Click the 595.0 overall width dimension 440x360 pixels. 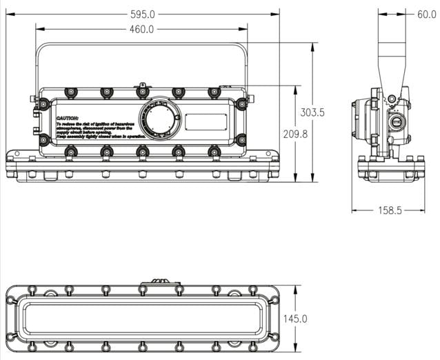[142, 14]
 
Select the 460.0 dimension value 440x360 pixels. [142, 29]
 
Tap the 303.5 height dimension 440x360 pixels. [312, 112]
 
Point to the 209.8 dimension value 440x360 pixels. [295, 134]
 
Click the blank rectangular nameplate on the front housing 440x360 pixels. [206, 121]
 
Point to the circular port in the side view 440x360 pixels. [396, 123]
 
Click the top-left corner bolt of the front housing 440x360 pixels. [43, 104]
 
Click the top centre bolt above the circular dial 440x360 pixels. [142, 91]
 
